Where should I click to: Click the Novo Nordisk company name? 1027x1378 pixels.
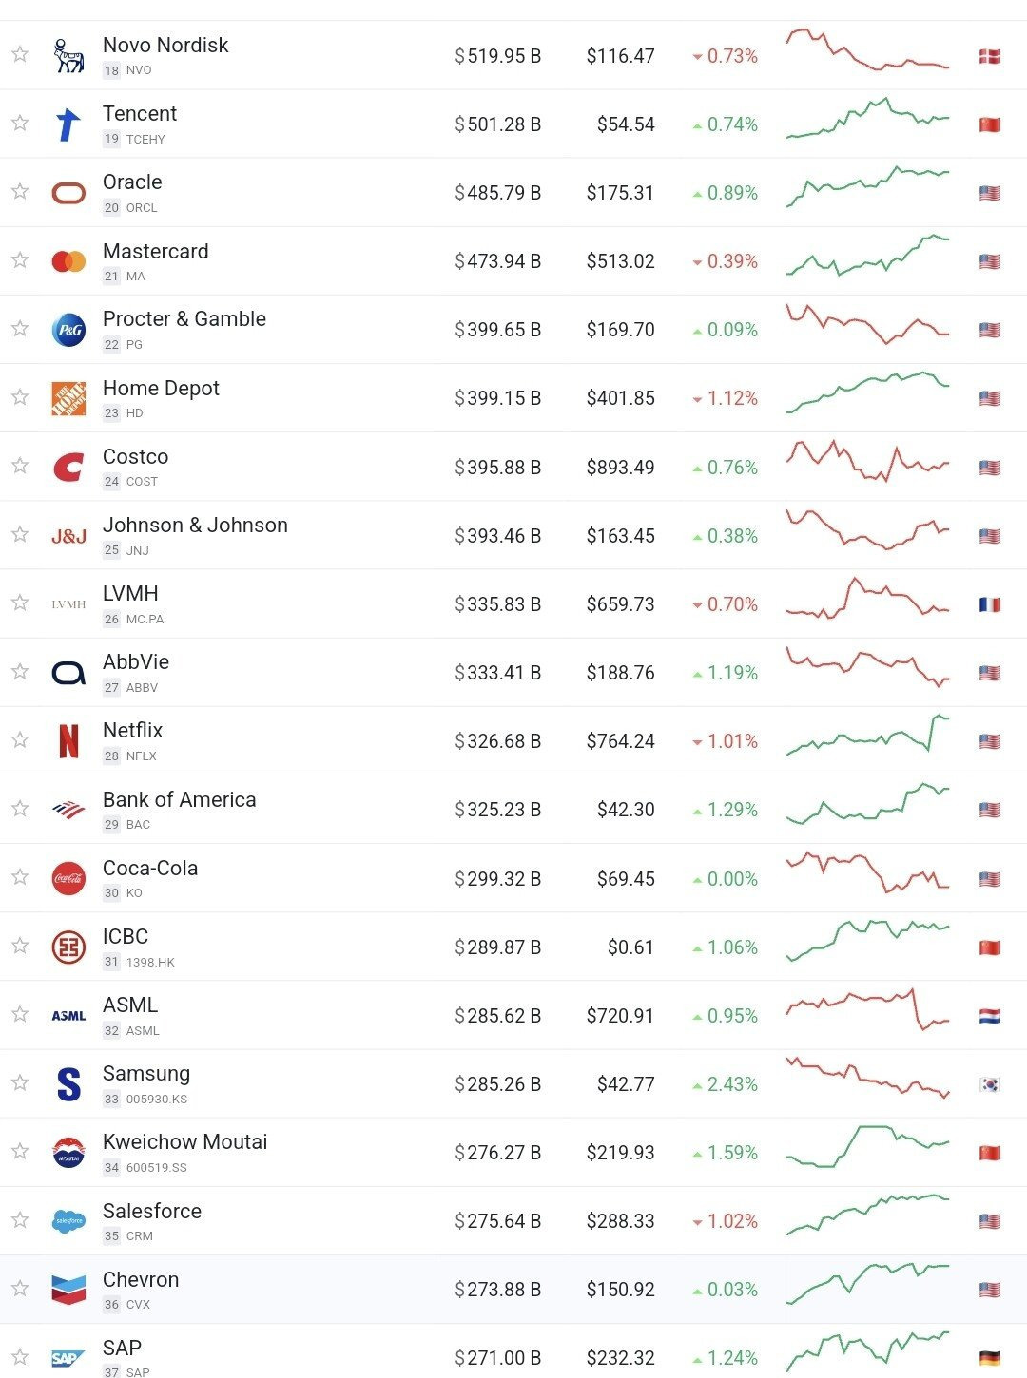point(165,46)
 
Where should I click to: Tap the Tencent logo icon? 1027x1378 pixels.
point(68,124)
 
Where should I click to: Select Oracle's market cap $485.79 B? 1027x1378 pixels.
point(497,193)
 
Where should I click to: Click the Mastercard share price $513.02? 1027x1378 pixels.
point(620,261)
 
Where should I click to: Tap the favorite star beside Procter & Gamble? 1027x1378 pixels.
point(20,329)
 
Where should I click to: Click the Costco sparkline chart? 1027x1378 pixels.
point(867,462)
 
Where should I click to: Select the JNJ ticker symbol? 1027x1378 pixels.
point(138,550)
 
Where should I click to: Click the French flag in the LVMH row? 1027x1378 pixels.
point(990,604)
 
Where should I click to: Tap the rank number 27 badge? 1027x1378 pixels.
point(111,687)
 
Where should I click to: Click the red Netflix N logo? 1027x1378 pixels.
point(68,741)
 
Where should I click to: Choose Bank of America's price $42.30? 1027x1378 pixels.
point(626,810)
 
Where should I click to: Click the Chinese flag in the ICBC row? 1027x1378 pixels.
point(990,947)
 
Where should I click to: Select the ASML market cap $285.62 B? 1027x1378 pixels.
point(497,1016)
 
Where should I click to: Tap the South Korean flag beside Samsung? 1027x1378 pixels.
point(990,1084)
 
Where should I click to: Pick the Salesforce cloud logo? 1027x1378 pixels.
point(68,1221)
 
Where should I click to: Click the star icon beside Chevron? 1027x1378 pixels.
point(20,1289)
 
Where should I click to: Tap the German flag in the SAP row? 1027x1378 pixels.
point(990,1358)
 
